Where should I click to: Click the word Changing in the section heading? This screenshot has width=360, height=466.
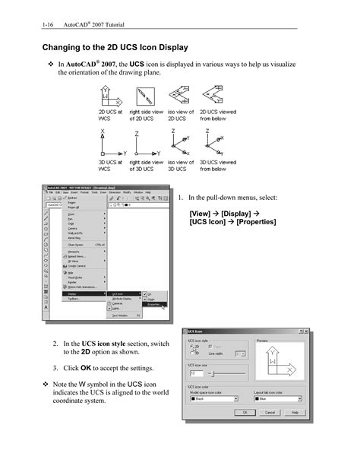coord(59,48)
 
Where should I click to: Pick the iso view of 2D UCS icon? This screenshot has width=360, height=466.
coord(178,97)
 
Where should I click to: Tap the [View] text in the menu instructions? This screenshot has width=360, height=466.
coord(201,214)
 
